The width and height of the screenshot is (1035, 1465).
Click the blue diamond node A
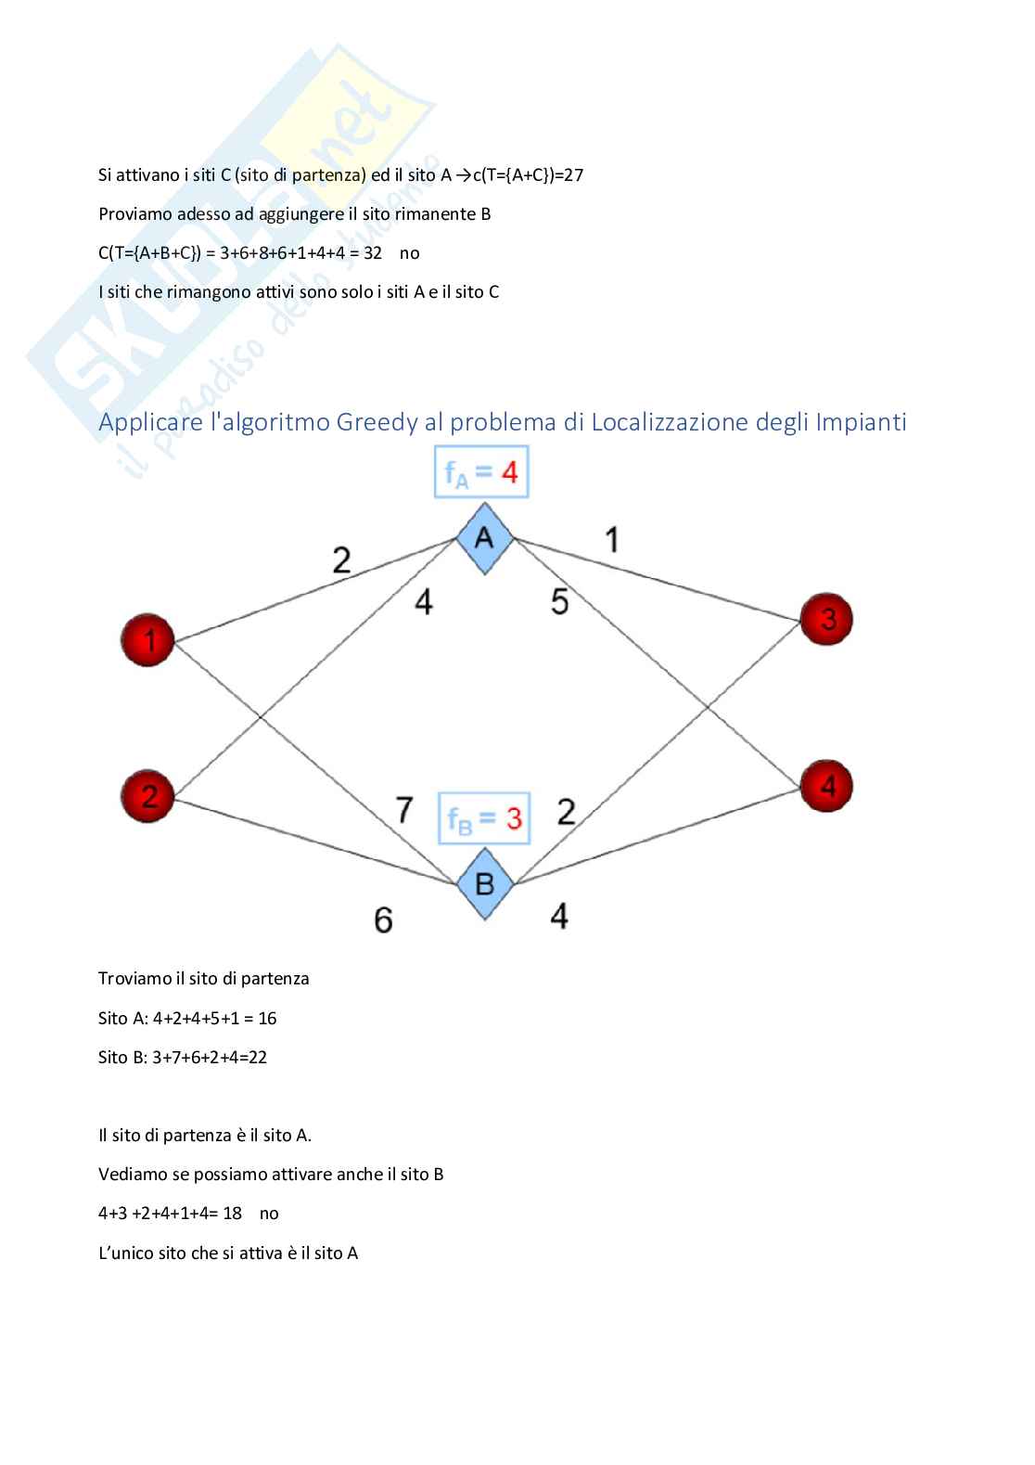coord(484,538)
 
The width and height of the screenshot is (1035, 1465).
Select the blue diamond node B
coord(485,883)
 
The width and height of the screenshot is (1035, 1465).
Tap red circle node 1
coord(147,639)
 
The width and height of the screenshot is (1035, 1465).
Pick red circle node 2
coord(147,795)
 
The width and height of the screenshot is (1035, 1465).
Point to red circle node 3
coord(826,619)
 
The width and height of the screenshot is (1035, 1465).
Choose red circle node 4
coord(826,787)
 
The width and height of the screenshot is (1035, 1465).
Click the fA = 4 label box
coord(481,473)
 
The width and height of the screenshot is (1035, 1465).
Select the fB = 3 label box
coord(484,818)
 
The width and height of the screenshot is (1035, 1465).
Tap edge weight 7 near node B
coord(404,810)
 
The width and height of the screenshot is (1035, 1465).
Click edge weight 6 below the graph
coord(383,919)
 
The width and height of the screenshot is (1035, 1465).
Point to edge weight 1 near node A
coord(611,540)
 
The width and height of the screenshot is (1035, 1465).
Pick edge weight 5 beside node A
coord(559,602)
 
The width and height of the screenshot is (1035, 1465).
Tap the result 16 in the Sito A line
coord(267,1019)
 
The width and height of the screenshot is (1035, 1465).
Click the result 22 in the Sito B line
coord(257,1058)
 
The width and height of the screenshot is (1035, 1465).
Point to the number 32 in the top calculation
coord(373,253)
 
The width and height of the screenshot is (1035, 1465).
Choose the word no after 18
coord(269,1214)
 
